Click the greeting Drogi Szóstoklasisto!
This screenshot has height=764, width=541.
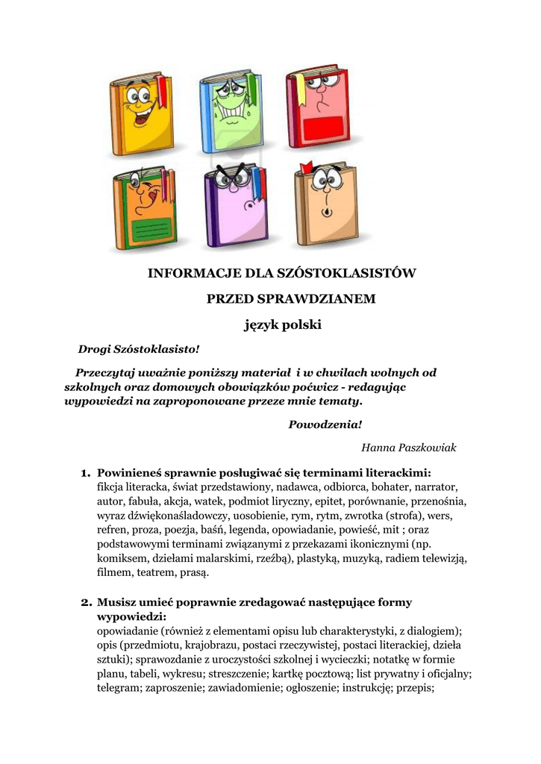click(x=140, y=349)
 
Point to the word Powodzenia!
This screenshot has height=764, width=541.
click(x=325, y=425)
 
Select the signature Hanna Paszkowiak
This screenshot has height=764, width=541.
click(x=408, y=448)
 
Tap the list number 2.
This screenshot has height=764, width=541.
click(x=85, y=601)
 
